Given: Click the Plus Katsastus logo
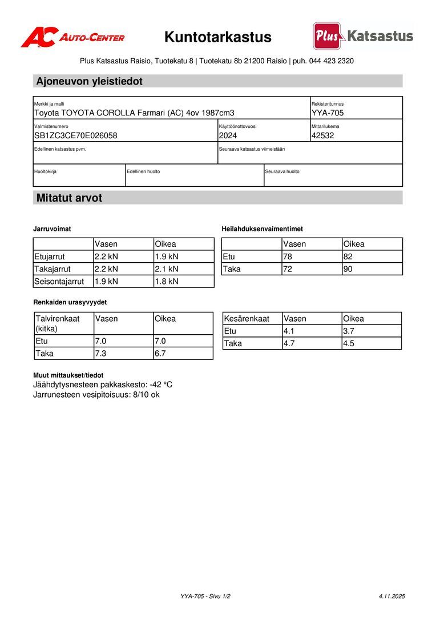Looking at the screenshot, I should pyautogui.click(x=363, y=36).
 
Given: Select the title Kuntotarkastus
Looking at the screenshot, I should pyautogui.click(x=218, y=37).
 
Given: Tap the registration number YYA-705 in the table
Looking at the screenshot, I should pyautogui.click(x=328, y=113).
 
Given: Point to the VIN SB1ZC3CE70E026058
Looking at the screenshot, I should pyautogui.click(x=76, y=135).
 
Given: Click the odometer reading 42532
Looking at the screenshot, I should pyautogui.click(x=323, y=135).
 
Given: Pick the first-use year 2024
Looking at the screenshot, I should pyautogui.click(x=228, y=135).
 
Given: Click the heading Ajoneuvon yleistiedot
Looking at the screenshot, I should pyautogui.click(x=90, y=81).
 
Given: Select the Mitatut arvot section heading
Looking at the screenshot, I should pyautogui.click(x=69, y=198).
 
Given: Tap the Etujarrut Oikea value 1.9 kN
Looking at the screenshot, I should pyautogui.click(x=167, y=257).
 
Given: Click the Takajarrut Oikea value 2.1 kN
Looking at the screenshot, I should pyautogui.click(x=167, y=269).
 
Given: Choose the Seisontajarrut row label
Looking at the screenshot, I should pyautogui.click(x=59, y=281).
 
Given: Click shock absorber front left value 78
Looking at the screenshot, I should pyautogui.click(x=288, y=257).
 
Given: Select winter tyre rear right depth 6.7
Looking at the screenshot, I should pyautogui.click(x=160, y=354).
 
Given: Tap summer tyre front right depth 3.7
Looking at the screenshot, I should pyautogui.click(x=349, y=331).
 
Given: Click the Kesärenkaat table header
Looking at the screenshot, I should pyautogui.click(x=247, y=319).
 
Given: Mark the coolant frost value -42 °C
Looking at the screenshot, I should pyautogui.click(x=161, y=385).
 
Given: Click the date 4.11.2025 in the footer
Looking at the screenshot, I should pyautogui.click(x=391, y=596).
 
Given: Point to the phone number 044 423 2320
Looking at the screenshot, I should pyautogui.click(x=331, y=61).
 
